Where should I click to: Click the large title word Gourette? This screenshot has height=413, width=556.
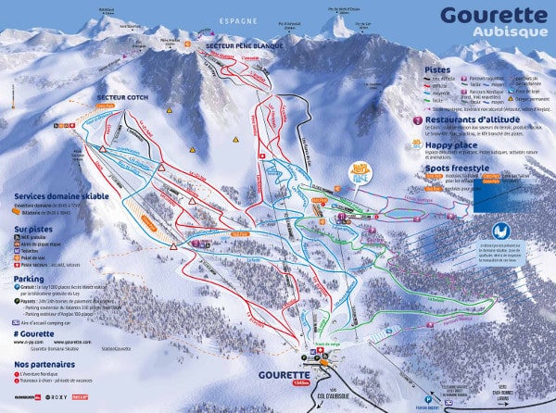coord(494,15)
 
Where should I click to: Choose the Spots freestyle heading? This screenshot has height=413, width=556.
coord(457,169)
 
